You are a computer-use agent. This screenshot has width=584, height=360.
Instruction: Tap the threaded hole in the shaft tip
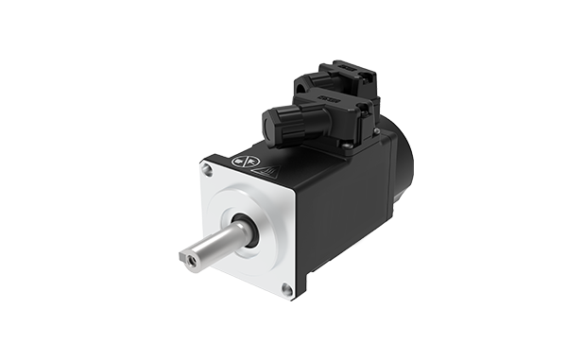click(186, 255)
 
